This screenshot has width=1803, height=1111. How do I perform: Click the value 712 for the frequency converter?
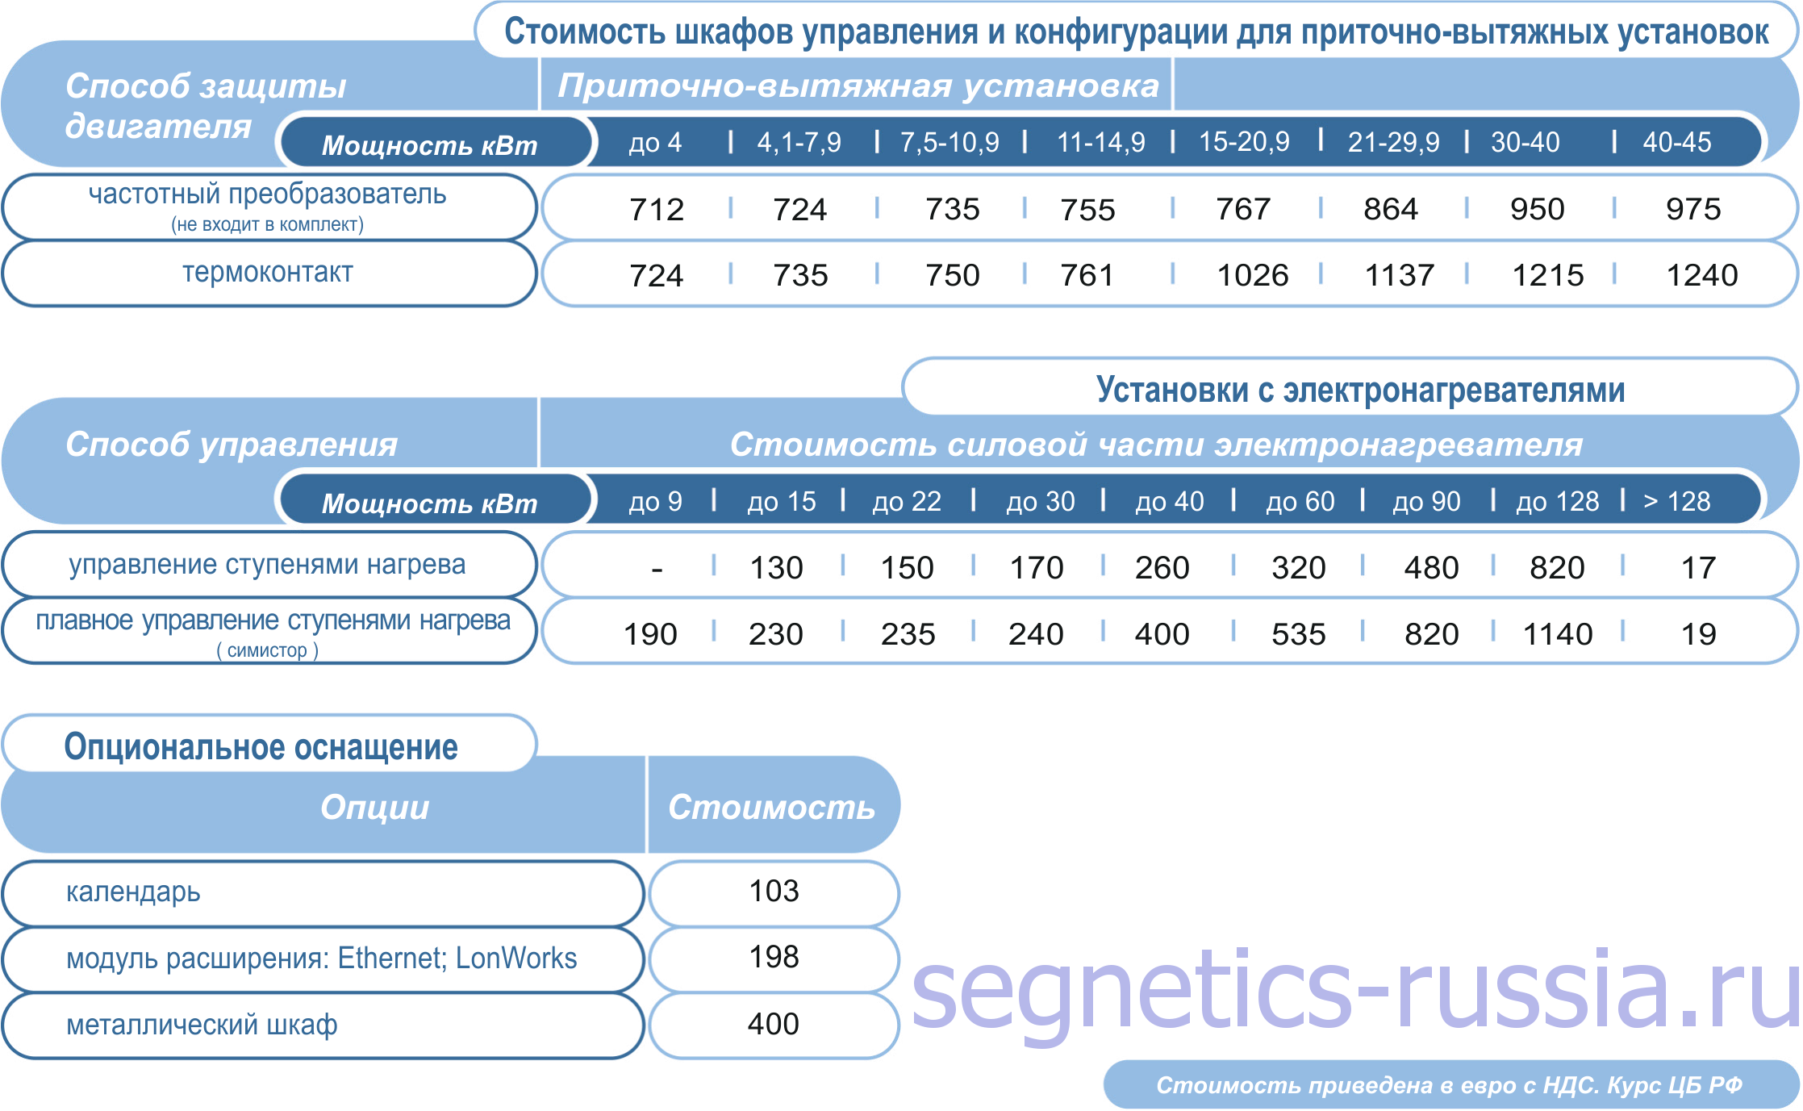point(657,210)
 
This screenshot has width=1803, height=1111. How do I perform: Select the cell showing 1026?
point(1253,276)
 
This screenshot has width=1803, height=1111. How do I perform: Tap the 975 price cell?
point(1693,210)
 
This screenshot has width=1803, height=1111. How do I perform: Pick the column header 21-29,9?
point(1393,142)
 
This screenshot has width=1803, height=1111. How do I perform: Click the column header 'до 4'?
point(655,142)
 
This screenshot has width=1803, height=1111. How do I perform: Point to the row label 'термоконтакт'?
point(268,273)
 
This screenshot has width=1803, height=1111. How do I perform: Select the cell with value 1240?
point(1702,276)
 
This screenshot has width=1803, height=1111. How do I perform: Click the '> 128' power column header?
point(1677,501)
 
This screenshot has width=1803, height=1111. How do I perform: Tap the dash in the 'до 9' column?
point(657,570)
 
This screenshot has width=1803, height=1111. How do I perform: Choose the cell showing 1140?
point(1558,634)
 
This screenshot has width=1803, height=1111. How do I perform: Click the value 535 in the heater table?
point(1299,634)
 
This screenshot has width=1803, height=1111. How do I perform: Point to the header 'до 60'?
point(1300,501)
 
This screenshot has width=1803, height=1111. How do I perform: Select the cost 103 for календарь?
point(774,891)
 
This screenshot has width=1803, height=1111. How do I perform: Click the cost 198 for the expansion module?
point(774,957)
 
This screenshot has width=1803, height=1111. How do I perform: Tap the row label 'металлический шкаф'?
point(202,1025)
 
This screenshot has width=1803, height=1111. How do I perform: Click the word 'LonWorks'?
point(516,958)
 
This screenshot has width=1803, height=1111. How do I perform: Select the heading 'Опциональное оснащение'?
point(261,746)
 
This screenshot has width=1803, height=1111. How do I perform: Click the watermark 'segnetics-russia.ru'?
point(1355,991)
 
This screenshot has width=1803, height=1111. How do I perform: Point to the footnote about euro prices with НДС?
point(1449,1085)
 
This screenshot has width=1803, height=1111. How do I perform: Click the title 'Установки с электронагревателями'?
point(1360,390)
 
